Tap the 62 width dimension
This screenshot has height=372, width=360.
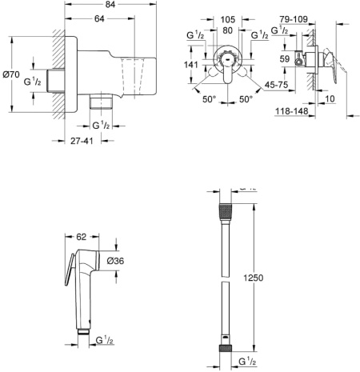click(81, 238)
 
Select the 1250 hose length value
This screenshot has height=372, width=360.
click(253, 277)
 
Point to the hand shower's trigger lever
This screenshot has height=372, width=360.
click(67, 270)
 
